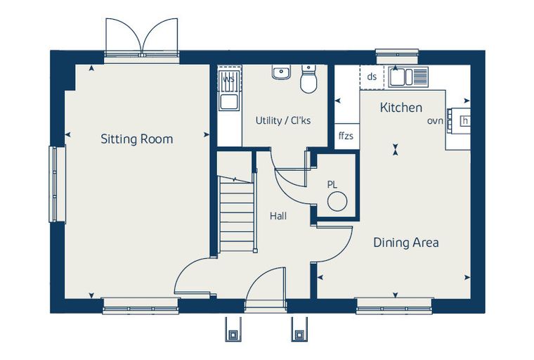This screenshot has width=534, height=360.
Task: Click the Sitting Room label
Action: click(137, 139)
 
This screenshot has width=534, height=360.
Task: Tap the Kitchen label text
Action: click(400, 108)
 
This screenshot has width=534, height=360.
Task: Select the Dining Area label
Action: click(406, 243)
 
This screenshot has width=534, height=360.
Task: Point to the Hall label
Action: click(278, 216)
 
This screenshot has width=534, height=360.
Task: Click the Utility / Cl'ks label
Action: click(283, 121)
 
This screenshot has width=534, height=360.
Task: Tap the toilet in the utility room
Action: click(308, 79)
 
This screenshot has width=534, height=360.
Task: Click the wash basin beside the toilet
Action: click(281, 72)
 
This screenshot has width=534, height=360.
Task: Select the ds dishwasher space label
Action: click(372, 77)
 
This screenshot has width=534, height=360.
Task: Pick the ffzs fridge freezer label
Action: click(346, 136)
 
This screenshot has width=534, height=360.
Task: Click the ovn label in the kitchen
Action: click(435, 121)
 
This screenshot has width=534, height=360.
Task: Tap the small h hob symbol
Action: click(465, 121)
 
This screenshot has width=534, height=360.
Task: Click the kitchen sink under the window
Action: click(408, 77)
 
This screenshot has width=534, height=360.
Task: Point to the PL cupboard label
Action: click(332, 185)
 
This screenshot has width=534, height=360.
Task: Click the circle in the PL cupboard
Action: click(337, 201)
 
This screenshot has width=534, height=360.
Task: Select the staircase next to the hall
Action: click(237, 214)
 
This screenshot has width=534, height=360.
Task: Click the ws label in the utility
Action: click(228, 79)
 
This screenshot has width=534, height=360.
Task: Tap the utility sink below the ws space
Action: click(228, 102)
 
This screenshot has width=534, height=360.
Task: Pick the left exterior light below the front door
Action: click(233, 329)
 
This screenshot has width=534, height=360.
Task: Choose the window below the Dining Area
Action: click(394, 307)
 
